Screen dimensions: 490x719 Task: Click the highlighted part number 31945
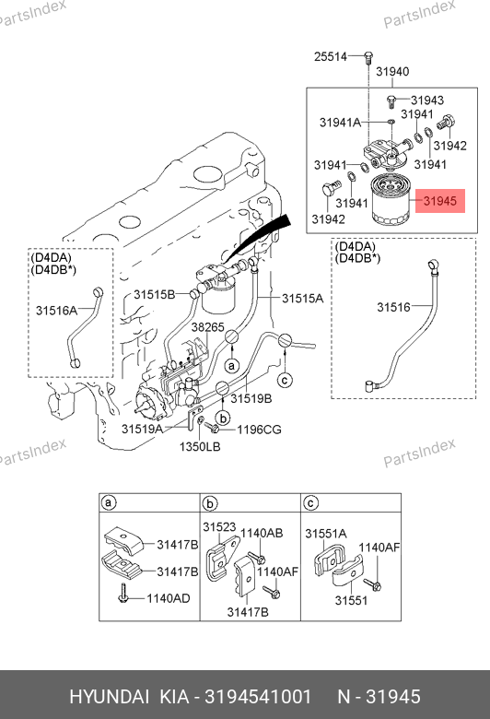point(439,201)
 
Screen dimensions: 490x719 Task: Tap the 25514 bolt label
point(331,56)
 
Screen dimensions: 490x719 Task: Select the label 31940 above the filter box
point(392,72)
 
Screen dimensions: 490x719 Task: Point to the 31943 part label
point(427,100)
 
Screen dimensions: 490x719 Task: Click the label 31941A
point(340,123)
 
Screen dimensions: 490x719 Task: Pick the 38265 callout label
point(207,327)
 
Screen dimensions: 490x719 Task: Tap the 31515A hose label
point(302,299)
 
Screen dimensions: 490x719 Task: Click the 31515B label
point(155,294)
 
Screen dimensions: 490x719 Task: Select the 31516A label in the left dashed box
point(57,311)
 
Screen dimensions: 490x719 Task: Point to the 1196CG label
point(259,430)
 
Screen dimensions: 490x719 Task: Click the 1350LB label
point(200,446)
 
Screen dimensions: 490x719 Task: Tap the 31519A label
point(142,429)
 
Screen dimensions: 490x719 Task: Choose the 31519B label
point(251,398)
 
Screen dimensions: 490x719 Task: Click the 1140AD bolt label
point(169,598)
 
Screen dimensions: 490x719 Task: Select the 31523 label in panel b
point(219,527)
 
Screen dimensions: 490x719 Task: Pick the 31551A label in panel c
point(326,534)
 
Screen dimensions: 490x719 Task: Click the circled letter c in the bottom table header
point(310,503)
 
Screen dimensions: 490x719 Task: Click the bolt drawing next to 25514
point(368,59)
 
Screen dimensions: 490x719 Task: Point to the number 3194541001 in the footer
point(258,697)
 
